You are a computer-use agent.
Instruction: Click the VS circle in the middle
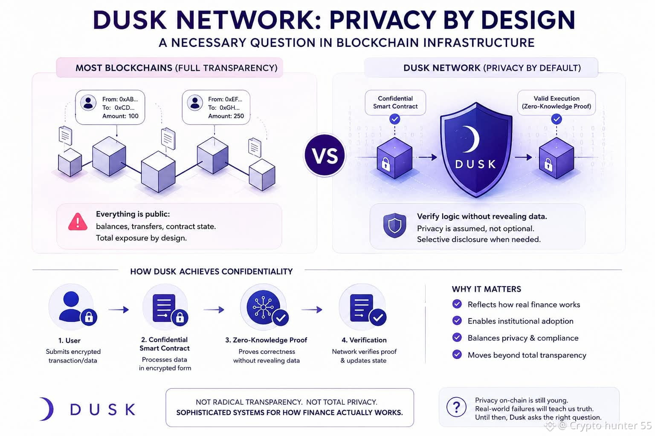pyautogui.click(x=325, y=155)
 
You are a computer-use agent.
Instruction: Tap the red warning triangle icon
pyautogui.click(x=78, y=222)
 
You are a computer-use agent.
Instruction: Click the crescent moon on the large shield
pyautogui.click(x=471, y=139)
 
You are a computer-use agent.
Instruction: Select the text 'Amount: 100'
pyautogui.click(x=120, y=116)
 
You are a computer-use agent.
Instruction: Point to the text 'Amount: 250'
pyautogui.click(x=226, y=116)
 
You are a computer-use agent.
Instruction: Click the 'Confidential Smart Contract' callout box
pyautogui.click(x=395, y=103)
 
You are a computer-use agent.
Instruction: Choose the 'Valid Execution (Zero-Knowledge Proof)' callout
pyautogui.click(x=556, y=103)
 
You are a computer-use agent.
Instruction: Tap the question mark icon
pyautogui.click(x=456, y=407)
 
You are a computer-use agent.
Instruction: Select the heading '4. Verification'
pyautogui.click(x=364, y=340)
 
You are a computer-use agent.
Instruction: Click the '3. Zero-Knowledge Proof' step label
pyautogui.click(x=266, y=340)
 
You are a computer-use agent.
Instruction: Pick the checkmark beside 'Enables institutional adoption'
pyautogui.click(x=457, y=321)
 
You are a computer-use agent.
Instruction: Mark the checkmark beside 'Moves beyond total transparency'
pyautogui.click(x=457, y=355)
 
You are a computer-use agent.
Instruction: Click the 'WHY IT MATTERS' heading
pyautogui.click(x=487, y=289)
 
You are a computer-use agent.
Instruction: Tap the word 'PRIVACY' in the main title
pyautogui.click(x=383, y=20)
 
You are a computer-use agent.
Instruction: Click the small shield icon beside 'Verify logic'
pyautogui.click(x=395, y=225)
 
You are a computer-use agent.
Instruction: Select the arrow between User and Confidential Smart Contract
pyautogui.click(x=119, y=310)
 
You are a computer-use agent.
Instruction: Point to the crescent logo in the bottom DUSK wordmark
pyautogui.click(x=47, y=409)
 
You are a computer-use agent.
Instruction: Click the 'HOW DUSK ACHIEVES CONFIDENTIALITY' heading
pyautogui.click(x=212, y=272)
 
